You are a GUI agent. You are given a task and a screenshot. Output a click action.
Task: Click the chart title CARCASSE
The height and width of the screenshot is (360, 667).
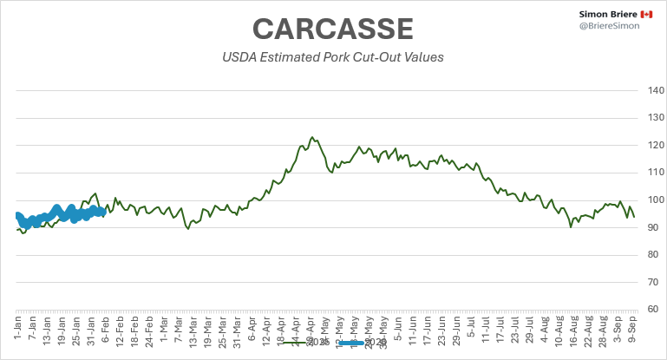tap(333, 29)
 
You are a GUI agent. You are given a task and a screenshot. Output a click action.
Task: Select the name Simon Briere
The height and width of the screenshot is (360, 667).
tap(607, 16)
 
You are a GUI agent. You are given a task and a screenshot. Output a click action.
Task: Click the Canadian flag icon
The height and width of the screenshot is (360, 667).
tap(646, 16)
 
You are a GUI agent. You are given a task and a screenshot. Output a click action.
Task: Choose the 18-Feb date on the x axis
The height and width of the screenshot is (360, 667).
tap(134, 331)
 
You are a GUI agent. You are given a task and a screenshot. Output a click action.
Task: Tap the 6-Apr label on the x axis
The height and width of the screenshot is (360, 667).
tap(252, 329)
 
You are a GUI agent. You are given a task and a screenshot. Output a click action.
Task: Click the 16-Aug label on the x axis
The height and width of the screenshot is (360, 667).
tap(573, 331)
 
